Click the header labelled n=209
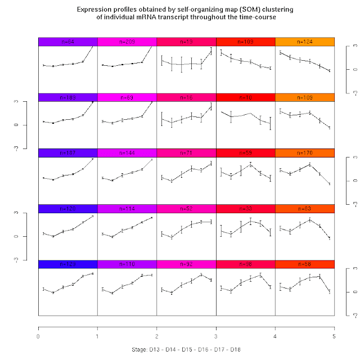127,42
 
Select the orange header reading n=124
305,42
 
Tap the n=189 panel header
67,97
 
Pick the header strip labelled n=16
186,97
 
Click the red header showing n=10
246,97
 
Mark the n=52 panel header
186,209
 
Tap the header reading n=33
246,209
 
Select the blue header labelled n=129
67,264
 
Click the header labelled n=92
186,264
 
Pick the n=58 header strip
305,264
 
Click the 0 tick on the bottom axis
38,336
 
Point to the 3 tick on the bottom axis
216,336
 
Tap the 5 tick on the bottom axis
335,336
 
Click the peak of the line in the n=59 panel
250,164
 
